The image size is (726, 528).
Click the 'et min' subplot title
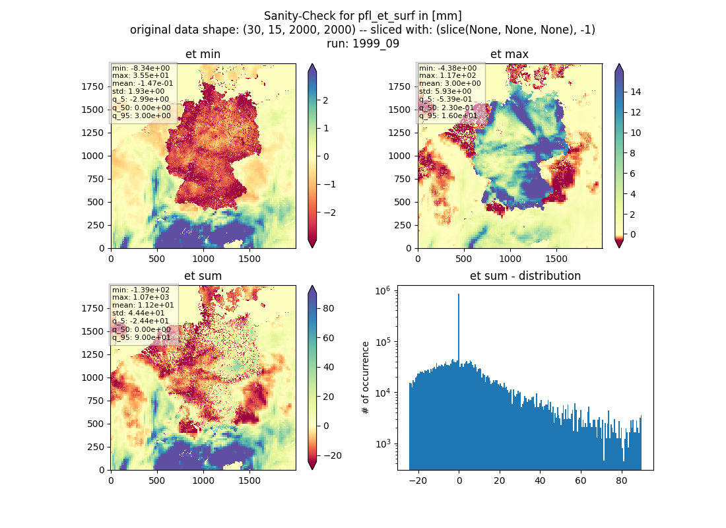(x=203, y=54)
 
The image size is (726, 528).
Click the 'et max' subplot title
(x=510, y=54)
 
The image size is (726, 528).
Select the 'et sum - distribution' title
(x=525, y=276)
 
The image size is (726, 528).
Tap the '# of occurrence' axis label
(x=366, y=378)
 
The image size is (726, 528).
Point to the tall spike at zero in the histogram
(x=459, y=329)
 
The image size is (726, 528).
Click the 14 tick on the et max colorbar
(x=635, y=92)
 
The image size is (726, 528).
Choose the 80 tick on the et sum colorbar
(x=328, y=308)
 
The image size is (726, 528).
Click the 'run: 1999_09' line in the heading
(x=362, y=44)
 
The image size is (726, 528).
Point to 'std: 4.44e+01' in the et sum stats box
(x=139, y=313)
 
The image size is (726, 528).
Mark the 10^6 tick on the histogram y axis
(x=383, y=291)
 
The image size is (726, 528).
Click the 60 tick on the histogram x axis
(x=581, y=480)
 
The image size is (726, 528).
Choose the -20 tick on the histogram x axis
(x=418, y=480)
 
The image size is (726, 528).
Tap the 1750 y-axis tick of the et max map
(x=399, y=86)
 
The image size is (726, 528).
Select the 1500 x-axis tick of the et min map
(x=249, y=259)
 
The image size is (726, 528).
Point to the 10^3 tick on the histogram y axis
(x=383, y=444)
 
